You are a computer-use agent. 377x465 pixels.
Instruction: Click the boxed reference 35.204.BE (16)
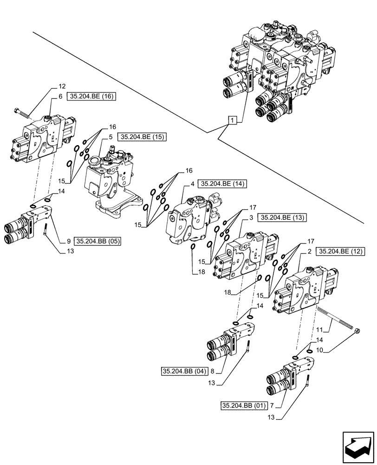tap(92, 97)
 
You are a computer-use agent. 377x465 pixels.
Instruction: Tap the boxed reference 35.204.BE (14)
tap(221, 184)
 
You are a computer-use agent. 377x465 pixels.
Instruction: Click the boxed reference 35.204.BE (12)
tap(340, 252)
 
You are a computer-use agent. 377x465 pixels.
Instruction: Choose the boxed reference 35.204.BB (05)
tap(97, 241)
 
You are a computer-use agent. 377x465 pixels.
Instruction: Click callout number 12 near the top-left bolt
tap(62, 86)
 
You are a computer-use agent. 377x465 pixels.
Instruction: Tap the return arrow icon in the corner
tap(357, 444)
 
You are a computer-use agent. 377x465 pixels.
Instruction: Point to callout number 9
tap(68, 241)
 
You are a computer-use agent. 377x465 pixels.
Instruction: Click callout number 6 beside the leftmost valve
tap(60, 97)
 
